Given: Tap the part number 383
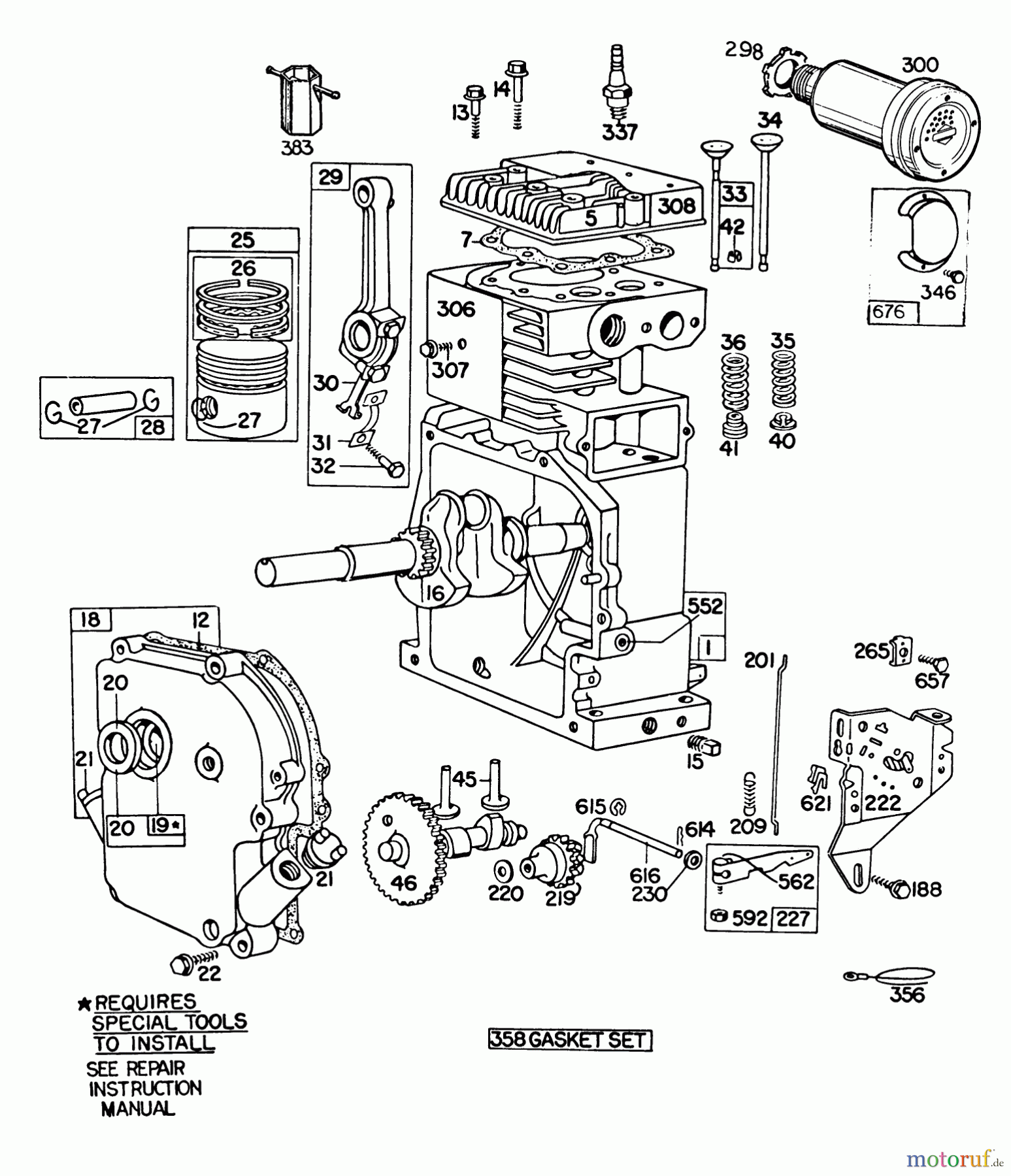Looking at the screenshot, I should pyautogui.click(x=297, y=148).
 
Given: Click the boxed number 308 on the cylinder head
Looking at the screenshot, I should pyautogui.click(x=676, y=206).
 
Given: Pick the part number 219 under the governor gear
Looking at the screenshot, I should pyautogui.click(x=560, y=898).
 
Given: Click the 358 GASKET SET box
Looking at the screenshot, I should pyautogui.click(x=570, y=1039).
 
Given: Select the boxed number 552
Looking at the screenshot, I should pyautogui.click(x=706, y=606).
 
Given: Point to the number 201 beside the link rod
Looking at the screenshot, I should pyautogui.click(x=759, y=661).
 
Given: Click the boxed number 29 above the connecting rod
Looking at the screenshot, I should pyautogui.click(x=331, y=177).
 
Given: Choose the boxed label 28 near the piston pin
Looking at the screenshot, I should pyautogui.click(x=154, y=427).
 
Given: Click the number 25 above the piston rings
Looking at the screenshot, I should pyautogui.click(x=242, y=240).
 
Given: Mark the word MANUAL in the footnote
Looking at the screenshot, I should pyautogui.click(x=138, y=1109).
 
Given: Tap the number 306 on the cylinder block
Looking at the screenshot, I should pyautogui.click(x=456, y=309).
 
